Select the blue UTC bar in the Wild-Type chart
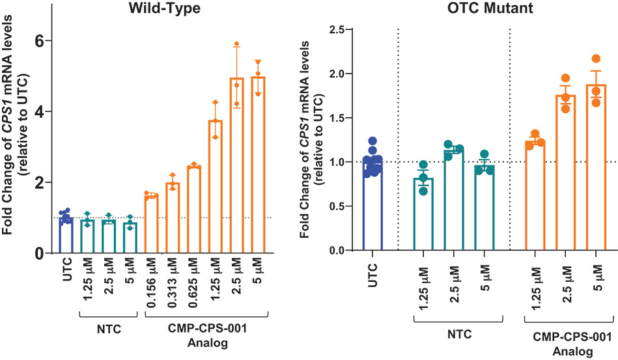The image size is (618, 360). click(x=64, y=234)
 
